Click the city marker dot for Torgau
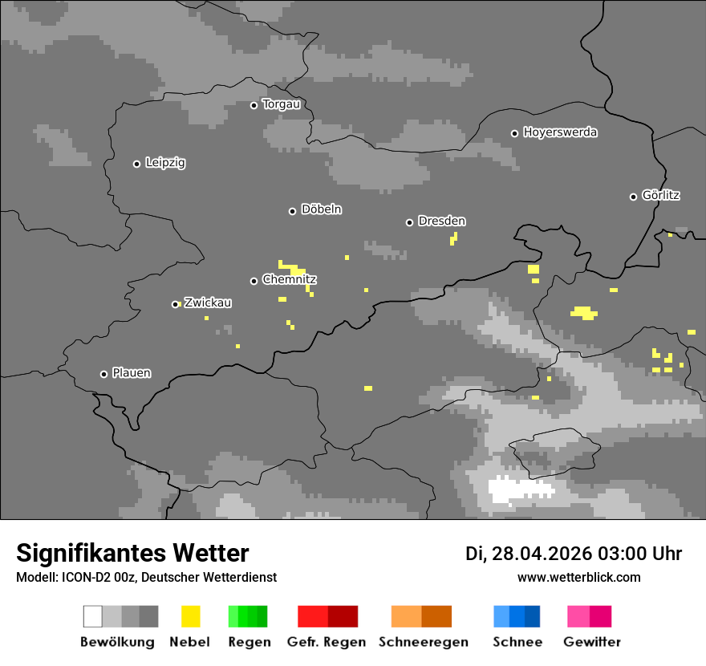pos(254,105)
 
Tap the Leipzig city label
pos(165,163)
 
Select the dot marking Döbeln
pos(292,211)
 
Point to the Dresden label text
pos(441,221)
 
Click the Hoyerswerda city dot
pos(514,133)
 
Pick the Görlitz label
pos(661,196)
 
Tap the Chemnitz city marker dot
pos(254,281)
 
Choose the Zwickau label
pos(208,303)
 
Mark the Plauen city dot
pos(103,374)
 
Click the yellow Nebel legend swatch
pos(190,616)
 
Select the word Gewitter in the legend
pos(592,642)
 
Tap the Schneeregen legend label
pos(424,642)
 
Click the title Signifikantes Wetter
pos(132,554)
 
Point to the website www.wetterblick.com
pos(578,577)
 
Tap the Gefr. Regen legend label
pos(327,642)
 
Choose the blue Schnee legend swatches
pos(517,616)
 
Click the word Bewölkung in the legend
pos(117,642)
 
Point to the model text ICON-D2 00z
pos(93,578)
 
